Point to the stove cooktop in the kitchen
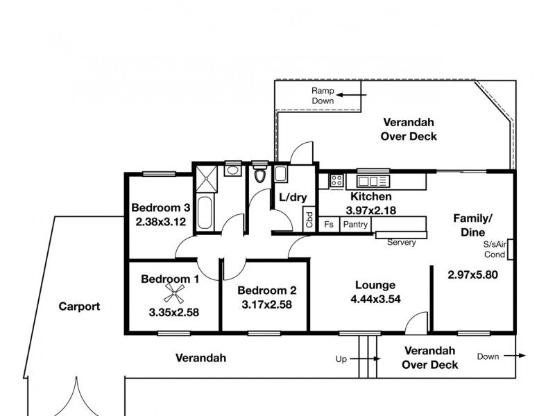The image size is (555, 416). coord(337,181)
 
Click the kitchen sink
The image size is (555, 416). coord(373,181)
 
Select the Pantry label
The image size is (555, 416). coord(355,225)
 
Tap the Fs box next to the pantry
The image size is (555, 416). coord(329,225)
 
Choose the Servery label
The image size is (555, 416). coord(401,243)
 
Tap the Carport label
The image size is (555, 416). coord(79,306)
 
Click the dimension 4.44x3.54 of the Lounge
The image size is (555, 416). coord(375,300)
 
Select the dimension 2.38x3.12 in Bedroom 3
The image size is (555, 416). coord(161,222)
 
